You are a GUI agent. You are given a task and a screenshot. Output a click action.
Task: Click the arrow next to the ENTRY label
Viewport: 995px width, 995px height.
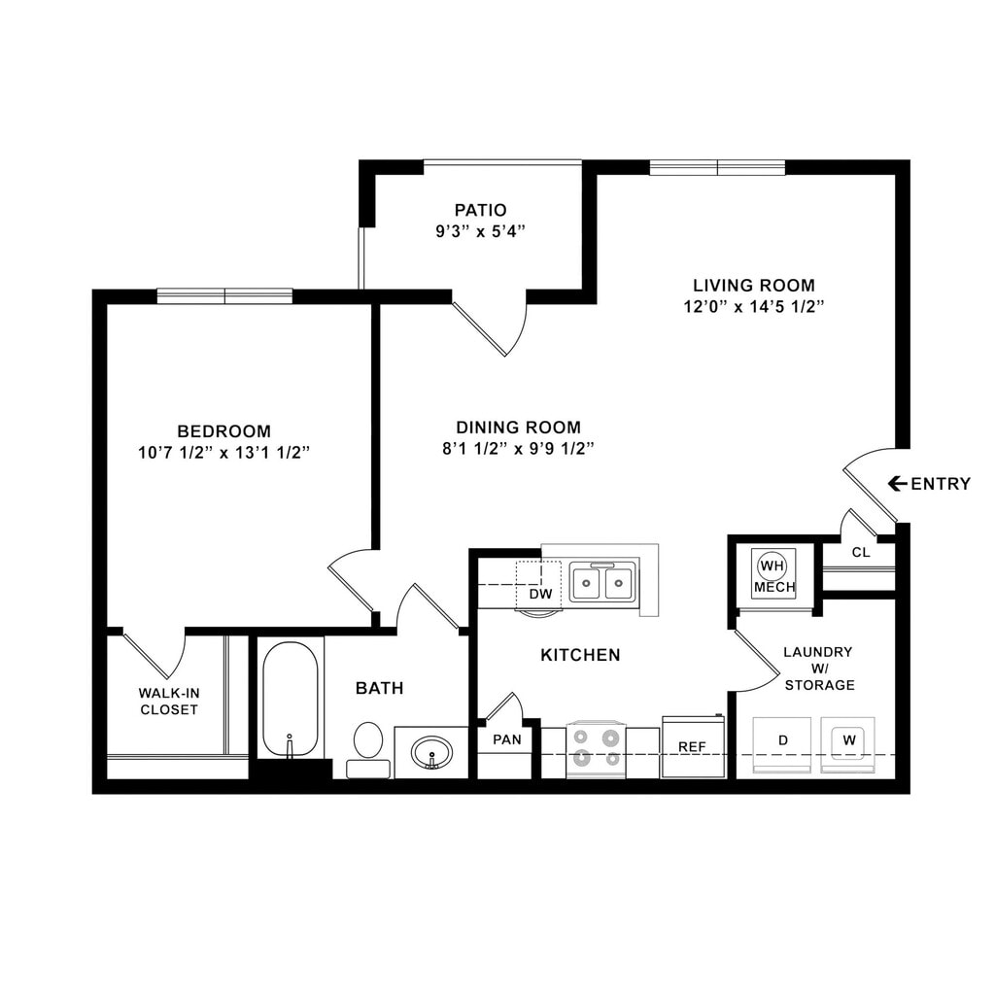pyautogui.click(x=897, y=484)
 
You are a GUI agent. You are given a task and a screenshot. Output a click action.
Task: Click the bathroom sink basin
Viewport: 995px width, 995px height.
pyautogui.click(x=430, y=752)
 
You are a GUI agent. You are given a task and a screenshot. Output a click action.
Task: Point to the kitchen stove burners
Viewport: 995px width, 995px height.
pyautogui.click(x=595, y=747)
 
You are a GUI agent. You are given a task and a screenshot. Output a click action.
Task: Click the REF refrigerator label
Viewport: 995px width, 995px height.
pyautogui.click(x=692, y=746)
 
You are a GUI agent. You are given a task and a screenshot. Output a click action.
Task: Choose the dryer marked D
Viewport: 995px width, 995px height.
pyautogui.click(x=782, y=741)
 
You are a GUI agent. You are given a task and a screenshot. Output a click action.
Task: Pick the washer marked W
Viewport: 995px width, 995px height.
pyautogui.click(x=848, y=740)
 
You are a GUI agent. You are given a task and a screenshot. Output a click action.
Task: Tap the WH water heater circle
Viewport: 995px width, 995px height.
pyautogui.click(x=772, y=566)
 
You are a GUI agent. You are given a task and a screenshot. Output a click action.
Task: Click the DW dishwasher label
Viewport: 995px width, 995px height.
pyautogui.click(x=539, y=594)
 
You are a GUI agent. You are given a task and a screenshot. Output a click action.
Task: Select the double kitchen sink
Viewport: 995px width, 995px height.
pyautogui.click(x=603, y=583)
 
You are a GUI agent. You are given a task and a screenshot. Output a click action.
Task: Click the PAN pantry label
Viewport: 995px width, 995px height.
pyautogui.click(x=506, y=739)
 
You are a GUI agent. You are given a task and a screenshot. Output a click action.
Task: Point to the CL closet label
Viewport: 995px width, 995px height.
pyautogui.click(x=861, y=553)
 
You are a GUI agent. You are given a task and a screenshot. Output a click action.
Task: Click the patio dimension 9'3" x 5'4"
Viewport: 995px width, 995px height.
pyautogui.click(x=481, y=231)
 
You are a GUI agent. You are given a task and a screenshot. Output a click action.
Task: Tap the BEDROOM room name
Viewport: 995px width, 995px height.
pyautogui.click(x=223, y=430)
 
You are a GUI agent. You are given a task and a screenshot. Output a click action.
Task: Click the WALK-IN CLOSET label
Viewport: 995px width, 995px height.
pyautogui.click(x=168, y=701)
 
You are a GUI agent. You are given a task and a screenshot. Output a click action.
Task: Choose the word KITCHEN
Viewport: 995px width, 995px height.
pyautogui.click(x=580, y=655)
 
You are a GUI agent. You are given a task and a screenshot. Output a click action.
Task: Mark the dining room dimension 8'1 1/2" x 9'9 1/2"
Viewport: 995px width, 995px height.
pyautogui.click(x=518, y=448)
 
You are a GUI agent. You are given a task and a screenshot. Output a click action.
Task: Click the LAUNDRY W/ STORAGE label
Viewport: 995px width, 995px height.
pyautogui.click(x=819, y=669)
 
